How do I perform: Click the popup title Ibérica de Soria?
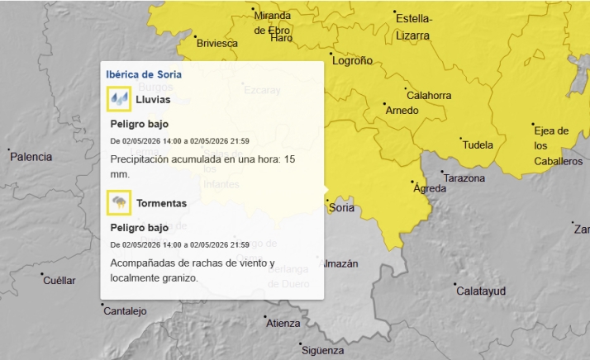144,74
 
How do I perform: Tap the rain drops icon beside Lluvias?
120,99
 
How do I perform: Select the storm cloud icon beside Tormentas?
120,202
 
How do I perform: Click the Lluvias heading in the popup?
153,99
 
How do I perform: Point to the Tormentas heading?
161,203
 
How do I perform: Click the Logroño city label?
351,60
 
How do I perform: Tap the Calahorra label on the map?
429,95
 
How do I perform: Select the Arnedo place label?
402,111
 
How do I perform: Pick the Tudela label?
477,145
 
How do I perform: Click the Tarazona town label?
464,178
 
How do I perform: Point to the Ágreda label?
430,189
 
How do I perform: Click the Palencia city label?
31,157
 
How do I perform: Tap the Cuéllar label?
59,281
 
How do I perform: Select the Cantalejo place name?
125,311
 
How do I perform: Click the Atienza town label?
283,324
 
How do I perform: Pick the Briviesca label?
217,43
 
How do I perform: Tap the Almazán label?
340,264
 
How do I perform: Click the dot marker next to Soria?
326,200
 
